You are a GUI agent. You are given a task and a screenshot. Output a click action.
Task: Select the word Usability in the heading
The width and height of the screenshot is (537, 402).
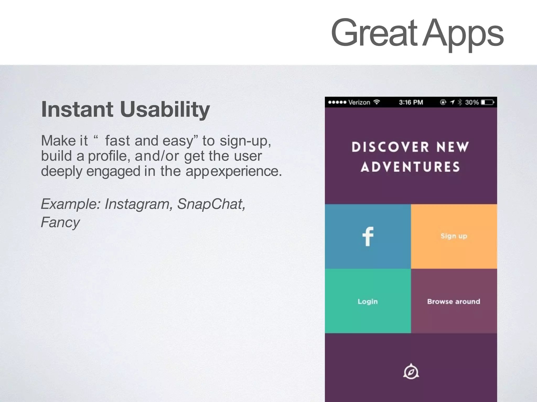click(x=165, y=109)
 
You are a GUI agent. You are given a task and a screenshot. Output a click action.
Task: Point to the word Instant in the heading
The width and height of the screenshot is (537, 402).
click(x=77, y=109)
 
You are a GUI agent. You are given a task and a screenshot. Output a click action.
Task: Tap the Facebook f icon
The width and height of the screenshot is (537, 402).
click(x=368, y=236)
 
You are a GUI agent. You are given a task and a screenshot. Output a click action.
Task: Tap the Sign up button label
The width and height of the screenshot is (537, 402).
click(x=454, y=236)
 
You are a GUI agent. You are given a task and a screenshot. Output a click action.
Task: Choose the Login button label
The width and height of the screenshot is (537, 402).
click(x=368, y=301)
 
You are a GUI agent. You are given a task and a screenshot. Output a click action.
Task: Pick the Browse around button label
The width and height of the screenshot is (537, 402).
click(x=454, y=301)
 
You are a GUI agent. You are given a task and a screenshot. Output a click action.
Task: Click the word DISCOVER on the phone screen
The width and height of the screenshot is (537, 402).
click(x=390, y=147)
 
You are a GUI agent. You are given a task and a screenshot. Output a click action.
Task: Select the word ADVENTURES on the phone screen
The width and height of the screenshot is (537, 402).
click(x=410, y=167)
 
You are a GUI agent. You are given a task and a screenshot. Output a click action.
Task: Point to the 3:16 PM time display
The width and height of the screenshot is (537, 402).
click(x=411, y=102)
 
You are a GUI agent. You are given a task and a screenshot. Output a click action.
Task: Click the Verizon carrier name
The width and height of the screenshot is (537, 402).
click(x=359, y=102)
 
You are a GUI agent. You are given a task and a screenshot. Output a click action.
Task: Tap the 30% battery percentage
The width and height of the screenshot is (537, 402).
click(x=472, y=102)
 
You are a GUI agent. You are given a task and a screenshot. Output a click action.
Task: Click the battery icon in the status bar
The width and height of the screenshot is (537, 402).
click(x=487, y=102)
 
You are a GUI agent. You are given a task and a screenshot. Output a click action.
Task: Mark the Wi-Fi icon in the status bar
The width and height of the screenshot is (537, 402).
click(x=377, y=102)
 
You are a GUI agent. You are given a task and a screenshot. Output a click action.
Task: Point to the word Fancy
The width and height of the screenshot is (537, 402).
click(x=60, y=223)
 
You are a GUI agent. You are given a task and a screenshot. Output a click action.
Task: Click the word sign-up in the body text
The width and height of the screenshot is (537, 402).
click(x=245, y=141)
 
